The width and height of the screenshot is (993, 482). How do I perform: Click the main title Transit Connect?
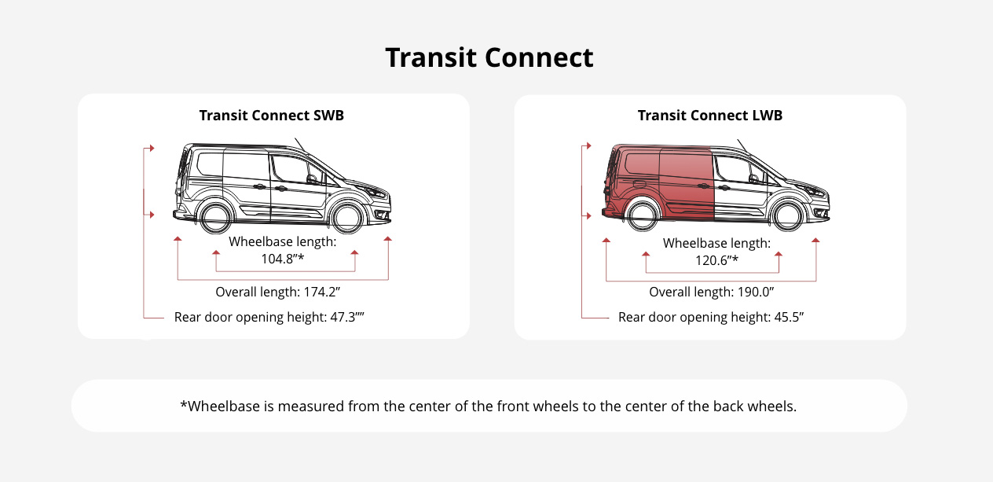pyautogui.click(x=489, y=58)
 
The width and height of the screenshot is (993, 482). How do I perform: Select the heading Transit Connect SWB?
pyautogui.click(x=272, y=116)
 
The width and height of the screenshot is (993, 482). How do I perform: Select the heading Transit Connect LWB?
pyautogui.click(x=710, y=116)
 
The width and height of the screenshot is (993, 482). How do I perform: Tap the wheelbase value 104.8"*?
pyautogui.click(x=282, y=258)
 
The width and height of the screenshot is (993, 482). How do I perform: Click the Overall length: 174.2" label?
pyautogui.click(x=277, y=293)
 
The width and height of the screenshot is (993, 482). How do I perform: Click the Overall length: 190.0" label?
pyautogui.click(x=712, y=293)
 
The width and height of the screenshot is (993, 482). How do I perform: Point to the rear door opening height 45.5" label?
pyautogui.click(x=711, y=318)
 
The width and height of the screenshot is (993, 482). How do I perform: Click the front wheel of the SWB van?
pyautogui.click(x=346, y=216)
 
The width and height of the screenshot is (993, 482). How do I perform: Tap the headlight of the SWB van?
pyautogui.click(x=377, y=193)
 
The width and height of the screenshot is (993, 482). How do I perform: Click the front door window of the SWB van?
pyautogui.click(x=291, y=168)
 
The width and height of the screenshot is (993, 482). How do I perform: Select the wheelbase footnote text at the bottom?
pyautogui.click(x=489, y=407)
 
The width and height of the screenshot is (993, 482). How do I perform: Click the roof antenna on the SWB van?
pyautogui.click(x=299, y=145)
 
